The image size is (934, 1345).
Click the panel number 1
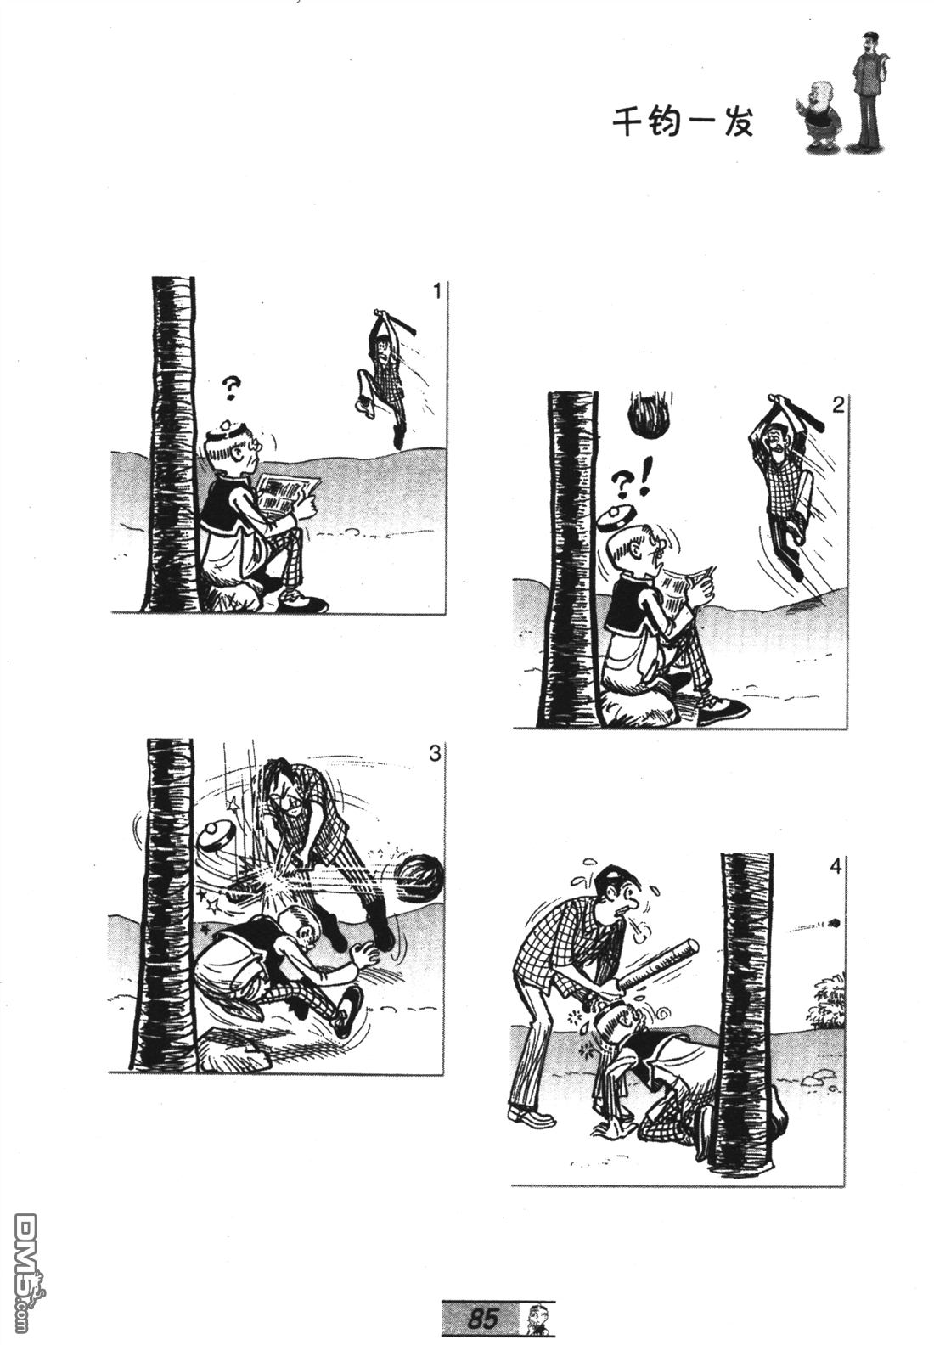pyautogui.click(x=436, y=292)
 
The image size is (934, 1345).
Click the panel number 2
pyautogui.click(x=837, y=406)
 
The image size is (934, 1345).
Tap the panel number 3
pyautogui.click(x=435, y=753)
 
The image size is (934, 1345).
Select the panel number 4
pyautogui.click(x=836, y=867)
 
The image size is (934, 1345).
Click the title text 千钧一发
pyautogui.click(x=683, y=123)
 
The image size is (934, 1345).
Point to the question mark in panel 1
pyautogui.click(x=229, y=389)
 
